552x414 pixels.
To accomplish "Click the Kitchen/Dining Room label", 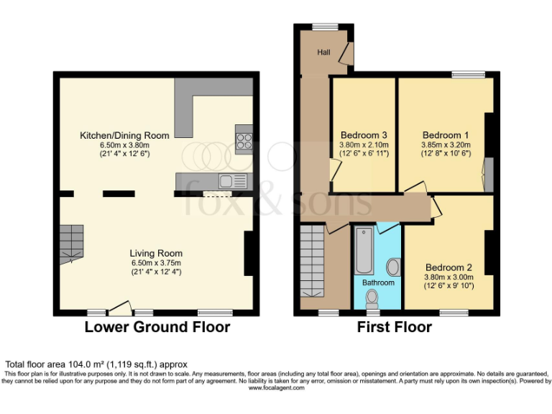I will tap(125, 135).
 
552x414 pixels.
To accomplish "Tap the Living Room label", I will tap(156, 253).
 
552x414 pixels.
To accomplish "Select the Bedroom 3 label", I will tap(364, 135).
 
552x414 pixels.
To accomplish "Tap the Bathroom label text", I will tap(378, 282).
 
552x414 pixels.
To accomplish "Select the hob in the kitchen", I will tap(244, 140).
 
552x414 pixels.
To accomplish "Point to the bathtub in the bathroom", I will tap(363, 250).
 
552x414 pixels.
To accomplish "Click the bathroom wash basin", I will tap(393, 267).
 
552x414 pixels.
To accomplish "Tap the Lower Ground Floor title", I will tap(157, 328).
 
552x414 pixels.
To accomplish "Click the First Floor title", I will tap(395, 328).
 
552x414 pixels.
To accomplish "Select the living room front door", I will tap(119, 308).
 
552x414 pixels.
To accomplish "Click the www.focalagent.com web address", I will tap(276, 388).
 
